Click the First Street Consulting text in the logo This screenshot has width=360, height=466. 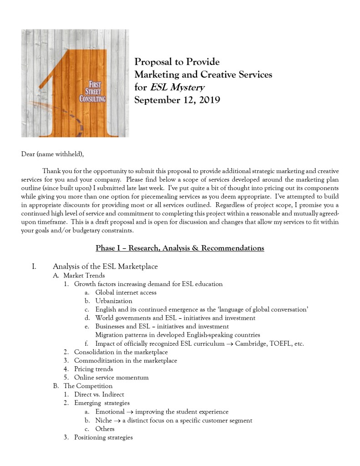(92, 92)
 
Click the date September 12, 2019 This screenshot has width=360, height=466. (177, 100)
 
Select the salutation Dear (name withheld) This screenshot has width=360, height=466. (53, 154)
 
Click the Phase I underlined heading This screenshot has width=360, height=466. (180, 248)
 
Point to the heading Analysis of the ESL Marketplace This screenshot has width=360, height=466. (105, 266)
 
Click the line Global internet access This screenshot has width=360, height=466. (126, 292)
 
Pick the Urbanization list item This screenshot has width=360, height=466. (114, 301)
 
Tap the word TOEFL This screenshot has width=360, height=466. (282, 344)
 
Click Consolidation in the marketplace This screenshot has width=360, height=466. (121, 352)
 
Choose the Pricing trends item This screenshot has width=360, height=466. (93, 369)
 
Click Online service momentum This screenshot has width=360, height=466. (111, 378)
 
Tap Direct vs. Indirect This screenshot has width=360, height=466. (99, 394)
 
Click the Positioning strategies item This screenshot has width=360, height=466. (103, 438)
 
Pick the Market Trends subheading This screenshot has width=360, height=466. (84, 276)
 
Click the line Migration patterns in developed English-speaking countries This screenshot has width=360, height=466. (177, 335)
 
